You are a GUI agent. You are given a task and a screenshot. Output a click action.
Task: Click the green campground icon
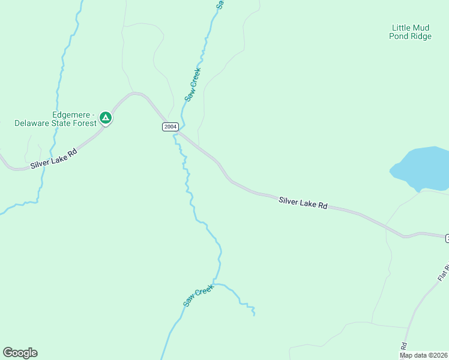(x=106, y=118)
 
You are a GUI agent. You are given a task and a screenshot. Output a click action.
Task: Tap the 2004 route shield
(x=170, y=127)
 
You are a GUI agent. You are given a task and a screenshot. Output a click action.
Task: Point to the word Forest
(x=85, y=124)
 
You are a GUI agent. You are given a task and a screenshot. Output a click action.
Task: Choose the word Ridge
(x=421, y=37)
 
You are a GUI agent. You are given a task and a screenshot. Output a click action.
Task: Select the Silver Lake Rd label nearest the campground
(x=54, y=158)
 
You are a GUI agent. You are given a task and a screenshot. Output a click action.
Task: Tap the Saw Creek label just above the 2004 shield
(x=193, y=85)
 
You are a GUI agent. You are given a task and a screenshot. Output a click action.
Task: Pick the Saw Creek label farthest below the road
(x=199, y=295)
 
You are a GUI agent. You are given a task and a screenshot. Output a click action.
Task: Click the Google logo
(x=20, y=353)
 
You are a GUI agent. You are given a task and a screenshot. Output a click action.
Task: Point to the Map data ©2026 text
(x=424, y=355)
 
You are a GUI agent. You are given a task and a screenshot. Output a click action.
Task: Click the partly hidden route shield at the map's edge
(x=447, y=239)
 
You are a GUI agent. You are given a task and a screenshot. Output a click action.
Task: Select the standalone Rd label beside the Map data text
(x=404, y=347)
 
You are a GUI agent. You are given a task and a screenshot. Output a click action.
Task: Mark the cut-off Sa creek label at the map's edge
(x=220, y=4)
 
